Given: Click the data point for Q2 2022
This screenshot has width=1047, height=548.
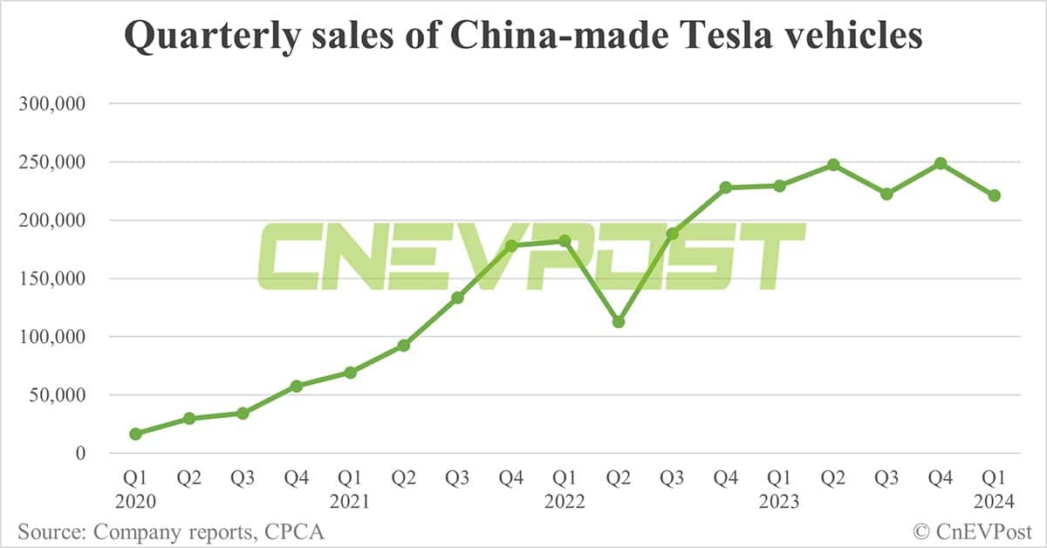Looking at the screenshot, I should click(x=619, y=322).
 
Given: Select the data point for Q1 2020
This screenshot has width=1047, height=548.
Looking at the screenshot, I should click(x=135, y=434).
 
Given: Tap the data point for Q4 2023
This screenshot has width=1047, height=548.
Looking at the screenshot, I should click(x=941, y=163).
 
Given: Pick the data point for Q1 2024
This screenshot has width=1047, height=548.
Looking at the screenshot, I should click(x=994, y=195).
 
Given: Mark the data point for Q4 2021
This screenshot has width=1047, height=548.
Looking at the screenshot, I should click(x=511, y=246).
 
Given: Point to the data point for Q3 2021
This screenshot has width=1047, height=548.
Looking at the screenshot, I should click(x=457, y=298).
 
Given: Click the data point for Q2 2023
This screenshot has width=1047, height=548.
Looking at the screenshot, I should click(x=833, y=164).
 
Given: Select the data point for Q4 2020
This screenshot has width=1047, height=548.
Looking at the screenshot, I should click(x=297, y=386).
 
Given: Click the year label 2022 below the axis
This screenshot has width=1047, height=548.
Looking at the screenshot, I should click(x=565, y=503).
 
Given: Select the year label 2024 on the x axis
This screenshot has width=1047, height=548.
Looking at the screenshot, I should click(x=994, y=503).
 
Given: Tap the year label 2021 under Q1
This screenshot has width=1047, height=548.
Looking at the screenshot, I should click(x=350, y=503).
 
